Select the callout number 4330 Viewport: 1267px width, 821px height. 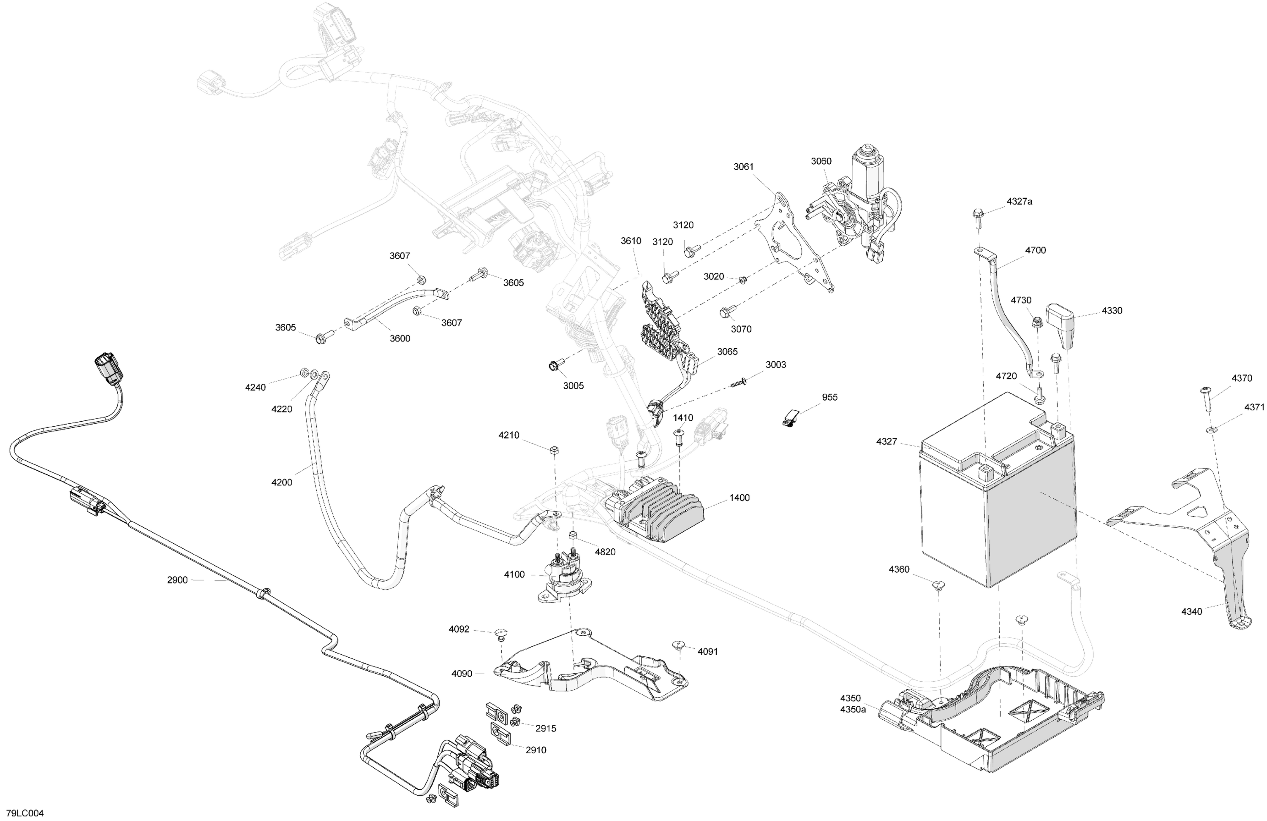click(1112, 310)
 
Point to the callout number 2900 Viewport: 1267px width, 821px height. click(177, 580)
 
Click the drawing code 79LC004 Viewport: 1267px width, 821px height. click(25, 813)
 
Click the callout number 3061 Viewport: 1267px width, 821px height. click(744, 167)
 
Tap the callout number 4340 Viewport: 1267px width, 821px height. click(1191, 611)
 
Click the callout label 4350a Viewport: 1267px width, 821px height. click(853, 709)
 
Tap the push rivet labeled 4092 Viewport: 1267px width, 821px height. click(500, 633)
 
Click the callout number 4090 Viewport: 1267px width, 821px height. click(462, 674)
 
